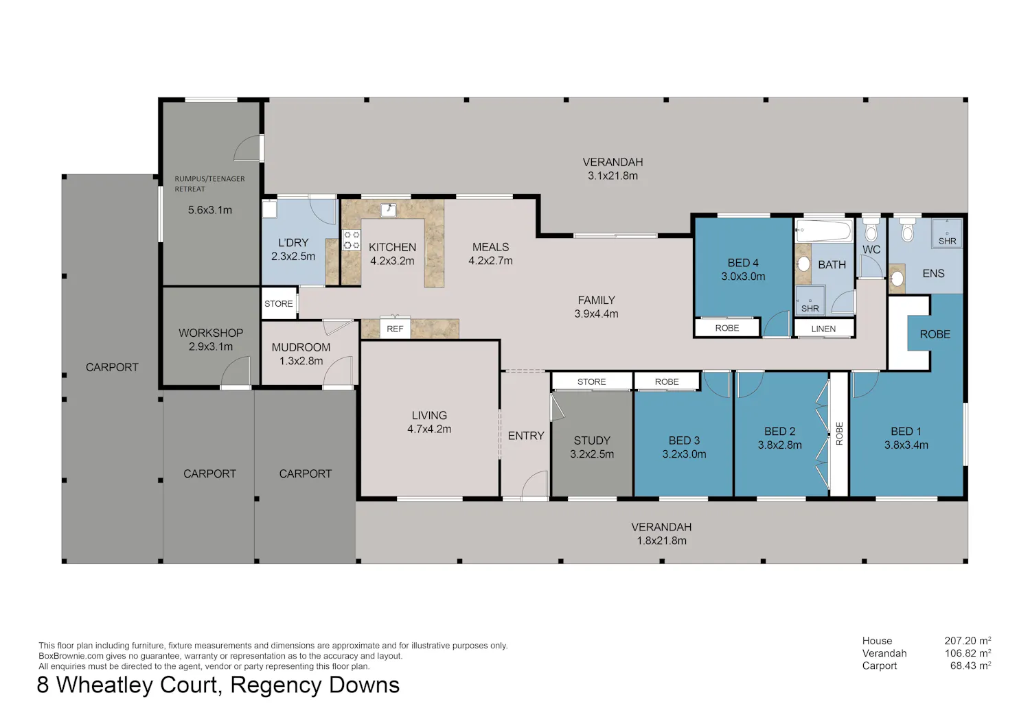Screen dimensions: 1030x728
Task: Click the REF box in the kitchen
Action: [x=395, y=328]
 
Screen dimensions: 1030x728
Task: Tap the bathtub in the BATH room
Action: [x=824, y=231]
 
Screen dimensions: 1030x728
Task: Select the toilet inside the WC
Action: [x=871, y=230]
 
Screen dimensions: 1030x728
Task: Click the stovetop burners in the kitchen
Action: [x=352, y=240]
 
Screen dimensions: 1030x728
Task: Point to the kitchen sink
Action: [x=389, y=210]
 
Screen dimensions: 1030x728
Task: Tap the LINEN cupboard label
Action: [x=823, y=329]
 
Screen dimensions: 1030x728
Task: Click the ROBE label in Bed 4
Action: [x=727, y=328]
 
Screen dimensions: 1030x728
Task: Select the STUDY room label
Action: [x=592, y=441]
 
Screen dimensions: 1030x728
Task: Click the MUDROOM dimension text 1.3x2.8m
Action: [x=301, y=361]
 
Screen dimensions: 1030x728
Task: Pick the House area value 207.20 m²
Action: [x=968, y=640]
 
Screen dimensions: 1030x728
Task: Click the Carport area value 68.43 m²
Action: [x=970, y=666]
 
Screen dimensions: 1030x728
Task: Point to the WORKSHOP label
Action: [x=211, y=333]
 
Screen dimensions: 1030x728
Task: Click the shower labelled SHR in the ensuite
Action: [x=947, y=233]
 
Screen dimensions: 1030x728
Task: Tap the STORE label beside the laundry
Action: [x=278, y=304]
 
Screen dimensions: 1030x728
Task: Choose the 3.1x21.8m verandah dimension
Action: [x=613, y=176]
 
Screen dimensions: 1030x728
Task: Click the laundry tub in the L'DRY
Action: [x=269, y=209]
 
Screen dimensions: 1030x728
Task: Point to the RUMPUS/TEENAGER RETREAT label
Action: [x=209, y=184]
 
